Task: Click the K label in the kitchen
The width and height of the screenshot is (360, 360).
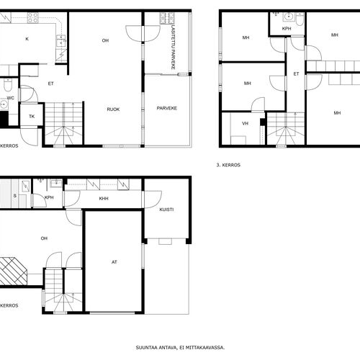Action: point(27,39)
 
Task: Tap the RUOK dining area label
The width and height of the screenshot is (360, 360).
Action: point(113,109)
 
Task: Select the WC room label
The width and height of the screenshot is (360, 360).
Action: point(11,98)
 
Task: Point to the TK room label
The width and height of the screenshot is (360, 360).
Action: point(32,117)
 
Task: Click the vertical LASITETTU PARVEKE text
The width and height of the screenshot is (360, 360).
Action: point(173,48)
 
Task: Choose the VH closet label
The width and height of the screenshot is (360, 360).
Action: point(245,124)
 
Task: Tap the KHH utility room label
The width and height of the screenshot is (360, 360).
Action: point(104,199)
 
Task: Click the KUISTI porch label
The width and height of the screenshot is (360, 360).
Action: point(166,210)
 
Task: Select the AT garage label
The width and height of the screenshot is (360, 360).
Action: point(114,262)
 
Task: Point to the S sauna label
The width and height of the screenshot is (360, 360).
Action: point(15,196)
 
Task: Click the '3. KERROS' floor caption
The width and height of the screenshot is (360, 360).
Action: point(228,165)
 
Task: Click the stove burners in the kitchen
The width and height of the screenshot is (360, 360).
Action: point(32,18)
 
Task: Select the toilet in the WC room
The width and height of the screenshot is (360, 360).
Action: point(7,86)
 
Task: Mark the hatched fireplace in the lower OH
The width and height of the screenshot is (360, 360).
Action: point(13,271)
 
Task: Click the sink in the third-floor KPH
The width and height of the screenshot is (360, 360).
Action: point(288,17)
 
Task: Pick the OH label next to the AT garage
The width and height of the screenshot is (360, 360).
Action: point(44,238)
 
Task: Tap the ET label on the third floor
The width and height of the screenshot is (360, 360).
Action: point(296,74)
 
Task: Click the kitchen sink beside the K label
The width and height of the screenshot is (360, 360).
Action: point(61,41)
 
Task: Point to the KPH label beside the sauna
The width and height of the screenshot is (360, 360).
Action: point(49,197)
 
